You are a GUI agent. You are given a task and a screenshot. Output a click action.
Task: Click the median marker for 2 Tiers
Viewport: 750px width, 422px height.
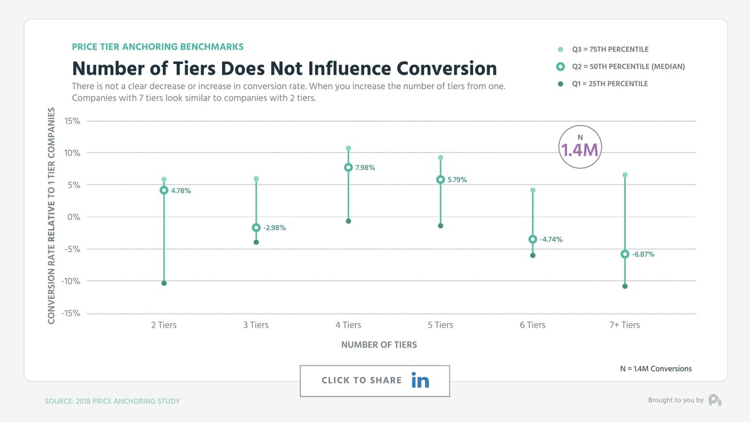pos(164,190)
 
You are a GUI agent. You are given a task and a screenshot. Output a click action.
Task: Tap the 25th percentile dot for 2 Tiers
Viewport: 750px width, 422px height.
pos(164,283)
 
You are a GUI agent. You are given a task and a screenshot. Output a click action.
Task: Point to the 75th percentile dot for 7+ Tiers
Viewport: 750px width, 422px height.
pos(625,175)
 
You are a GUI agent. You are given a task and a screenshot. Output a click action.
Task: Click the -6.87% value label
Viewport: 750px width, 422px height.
pos(643,255)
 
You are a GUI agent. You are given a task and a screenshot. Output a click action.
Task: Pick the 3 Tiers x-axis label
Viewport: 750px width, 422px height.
pos(256,325)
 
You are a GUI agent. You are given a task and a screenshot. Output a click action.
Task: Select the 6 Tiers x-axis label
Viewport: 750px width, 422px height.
pos(532,325)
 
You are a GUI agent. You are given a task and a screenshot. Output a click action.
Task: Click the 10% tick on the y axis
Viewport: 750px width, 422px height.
pos(72,153)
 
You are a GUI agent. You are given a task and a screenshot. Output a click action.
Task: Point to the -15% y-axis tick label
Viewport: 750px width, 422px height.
pos(71,313)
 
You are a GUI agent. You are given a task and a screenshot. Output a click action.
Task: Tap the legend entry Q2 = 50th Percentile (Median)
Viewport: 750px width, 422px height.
pos(628,67)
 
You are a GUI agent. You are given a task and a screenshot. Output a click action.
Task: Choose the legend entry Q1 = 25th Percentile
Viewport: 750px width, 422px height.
pos(610,84)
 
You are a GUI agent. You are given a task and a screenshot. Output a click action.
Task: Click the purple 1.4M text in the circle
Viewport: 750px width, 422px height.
pos(579,150)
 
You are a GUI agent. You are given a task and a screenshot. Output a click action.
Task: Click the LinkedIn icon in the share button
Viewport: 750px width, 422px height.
pos(420,380)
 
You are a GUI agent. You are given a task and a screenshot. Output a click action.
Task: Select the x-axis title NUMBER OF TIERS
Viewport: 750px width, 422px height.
pos(379,345)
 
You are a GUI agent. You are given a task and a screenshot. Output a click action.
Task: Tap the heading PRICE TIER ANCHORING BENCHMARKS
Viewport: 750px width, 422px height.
pos(157,47)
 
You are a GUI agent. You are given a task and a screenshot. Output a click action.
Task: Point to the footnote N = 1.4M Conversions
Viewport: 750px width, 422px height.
pos(655,369)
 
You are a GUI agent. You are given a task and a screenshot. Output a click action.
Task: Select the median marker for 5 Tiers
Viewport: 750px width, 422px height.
pos(440,179)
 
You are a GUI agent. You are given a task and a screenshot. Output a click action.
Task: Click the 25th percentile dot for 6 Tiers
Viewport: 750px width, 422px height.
pos(532,255)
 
